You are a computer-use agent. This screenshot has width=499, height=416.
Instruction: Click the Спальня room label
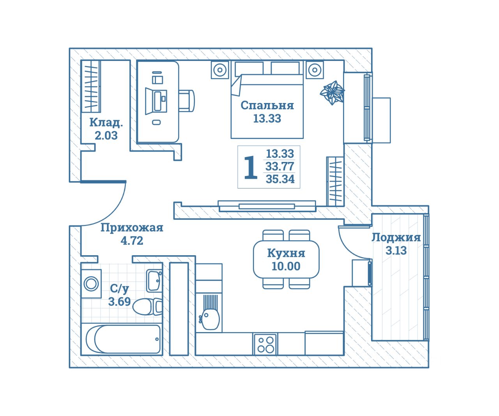click(267, 105)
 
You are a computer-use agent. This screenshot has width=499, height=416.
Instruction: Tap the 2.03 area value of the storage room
click(106, 135)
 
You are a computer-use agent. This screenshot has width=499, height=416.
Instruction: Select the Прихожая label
click(132, 228)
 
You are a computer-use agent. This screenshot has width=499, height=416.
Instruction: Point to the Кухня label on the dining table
click(286, 253)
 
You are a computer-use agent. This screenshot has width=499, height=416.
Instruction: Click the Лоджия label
click(396, 238)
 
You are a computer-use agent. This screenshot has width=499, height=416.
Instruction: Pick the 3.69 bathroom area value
click(119, 302)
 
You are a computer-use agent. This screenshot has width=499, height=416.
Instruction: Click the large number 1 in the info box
click(250, 168)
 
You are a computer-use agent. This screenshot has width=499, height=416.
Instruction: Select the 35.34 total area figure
click(280, 179)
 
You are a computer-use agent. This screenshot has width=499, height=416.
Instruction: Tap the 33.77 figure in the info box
click(280, 167)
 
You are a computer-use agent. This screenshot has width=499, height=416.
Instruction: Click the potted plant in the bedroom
click(332, 93)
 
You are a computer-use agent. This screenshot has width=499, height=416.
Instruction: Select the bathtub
click(123, 339)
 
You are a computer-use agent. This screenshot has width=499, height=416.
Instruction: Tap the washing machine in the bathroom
click(91, 283)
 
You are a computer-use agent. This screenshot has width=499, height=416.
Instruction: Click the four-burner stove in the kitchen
click(265, 344)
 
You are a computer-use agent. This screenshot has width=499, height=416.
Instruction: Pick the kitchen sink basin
click(211, 318)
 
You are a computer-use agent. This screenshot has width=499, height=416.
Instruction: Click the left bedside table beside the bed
click(220, 70)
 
